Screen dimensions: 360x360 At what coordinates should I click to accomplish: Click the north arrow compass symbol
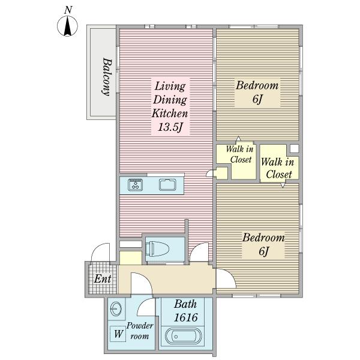pyautogui.click(x=67, y=26)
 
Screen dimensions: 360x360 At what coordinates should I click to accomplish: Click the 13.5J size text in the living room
pyautogui.click(x=170, y=127)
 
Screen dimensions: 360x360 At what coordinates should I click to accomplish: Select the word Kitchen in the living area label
pyautogui.click(x=170, y=113)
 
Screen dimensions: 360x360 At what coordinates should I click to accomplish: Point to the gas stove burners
pyautogui.click(x=136, y=185)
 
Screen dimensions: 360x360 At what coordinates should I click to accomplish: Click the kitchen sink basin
pyautogui.click(x=167, y=185)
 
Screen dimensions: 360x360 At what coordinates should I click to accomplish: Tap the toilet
pyautogui.click(x=157, y=249)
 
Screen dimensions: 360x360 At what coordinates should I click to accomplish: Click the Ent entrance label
pyautogui.click(x=103, y=279)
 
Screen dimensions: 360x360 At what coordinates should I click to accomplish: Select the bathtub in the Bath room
pyautogui.click(x=184, y=337)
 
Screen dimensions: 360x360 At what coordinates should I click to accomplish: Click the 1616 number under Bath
pyautogui.click(x=186, y=317)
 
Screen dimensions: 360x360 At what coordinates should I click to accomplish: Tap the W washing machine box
pyautogui.click(x=118, y=334)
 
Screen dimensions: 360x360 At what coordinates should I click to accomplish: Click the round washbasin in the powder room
pyautogui.click(x=116, y=309)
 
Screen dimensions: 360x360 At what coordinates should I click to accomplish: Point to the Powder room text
pyautogui.click(x=140, y=331)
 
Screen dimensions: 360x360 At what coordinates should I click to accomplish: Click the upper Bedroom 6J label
pyautogui.click(x=257, y=92)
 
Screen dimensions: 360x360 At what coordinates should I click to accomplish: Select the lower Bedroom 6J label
pyautogui.click(x=263, y=244)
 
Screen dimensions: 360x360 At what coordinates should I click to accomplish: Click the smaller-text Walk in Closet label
pyautogui.click(x=240, y=154)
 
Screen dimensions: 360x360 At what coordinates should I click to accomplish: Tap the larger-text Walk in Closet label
pyautogui.click(x=278, y=168)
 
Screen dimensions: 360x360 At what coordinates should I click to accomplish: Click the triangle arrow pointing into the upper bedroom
pyautogui.click(x=238, y=139)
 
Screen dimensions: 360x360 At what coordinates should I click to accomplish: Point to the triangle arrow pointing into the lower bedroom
pyautogui.click(x=283, y=185)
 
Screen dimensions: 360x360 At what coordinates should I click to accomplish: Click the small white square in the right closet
pyautogui.click(x=295, y=149)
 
